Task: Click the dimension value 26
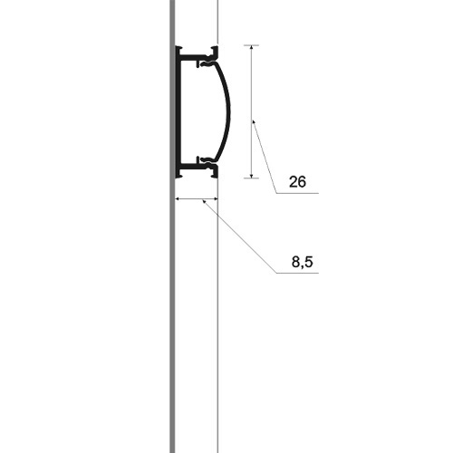(x=297, y=182)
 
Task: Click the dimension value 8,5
(x=302, y=262)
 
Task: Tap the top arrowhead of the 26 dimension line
(x=251, y=47)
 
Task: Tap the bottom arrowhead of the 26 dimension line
(x=251, y=176)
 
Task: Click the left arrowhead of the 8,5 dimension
(x=178, y=198)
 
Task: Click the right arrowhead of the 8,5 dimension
(x=216, y=198)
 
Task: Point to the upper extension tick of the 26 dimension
(x=251, y=45)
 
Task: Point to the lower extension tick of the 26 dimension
(x=251, y=178)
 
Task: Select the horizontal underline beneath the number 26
(x=297, y=193)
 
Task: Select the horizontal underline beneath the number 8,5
(x=297, y=273)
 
